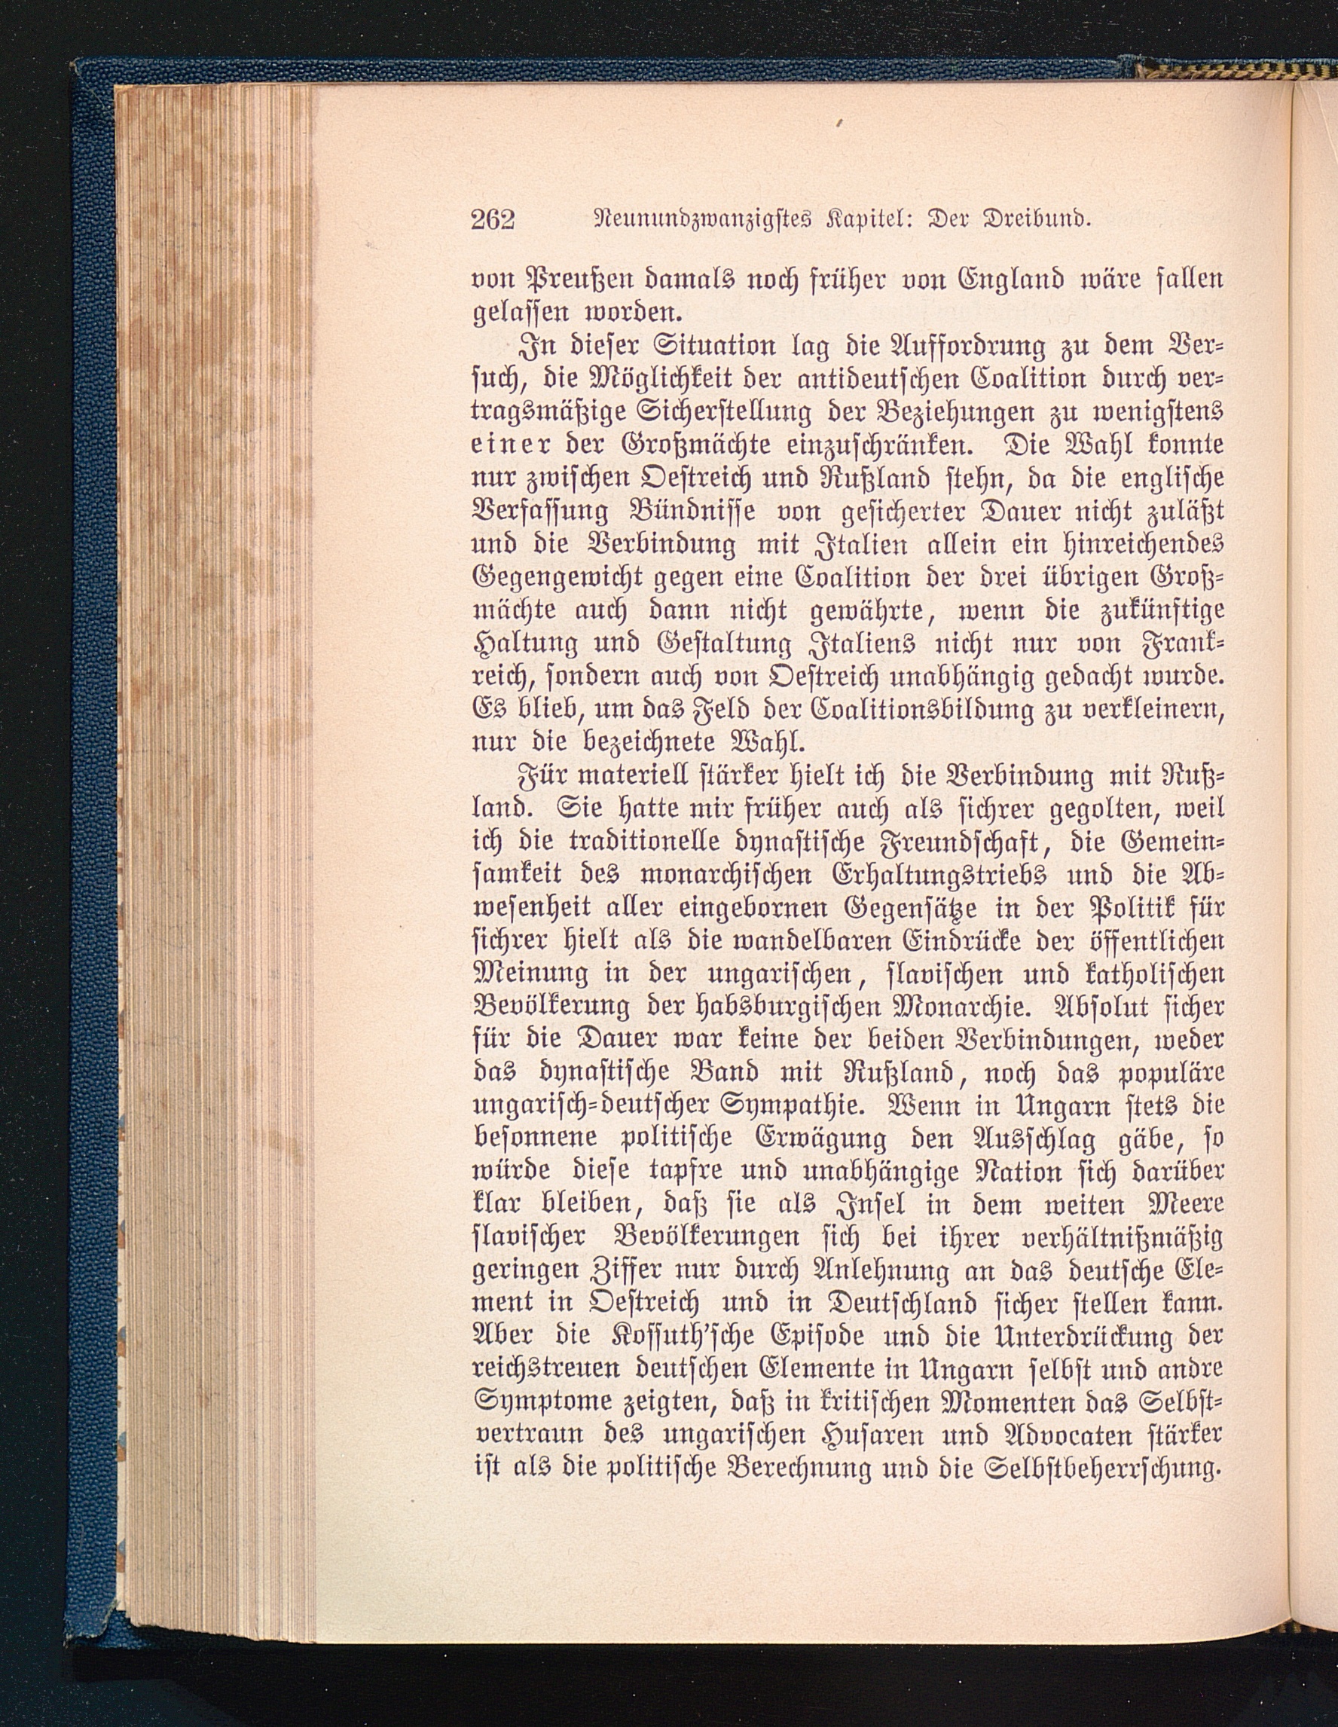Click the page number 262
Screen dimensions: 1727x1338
[493, 218]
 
